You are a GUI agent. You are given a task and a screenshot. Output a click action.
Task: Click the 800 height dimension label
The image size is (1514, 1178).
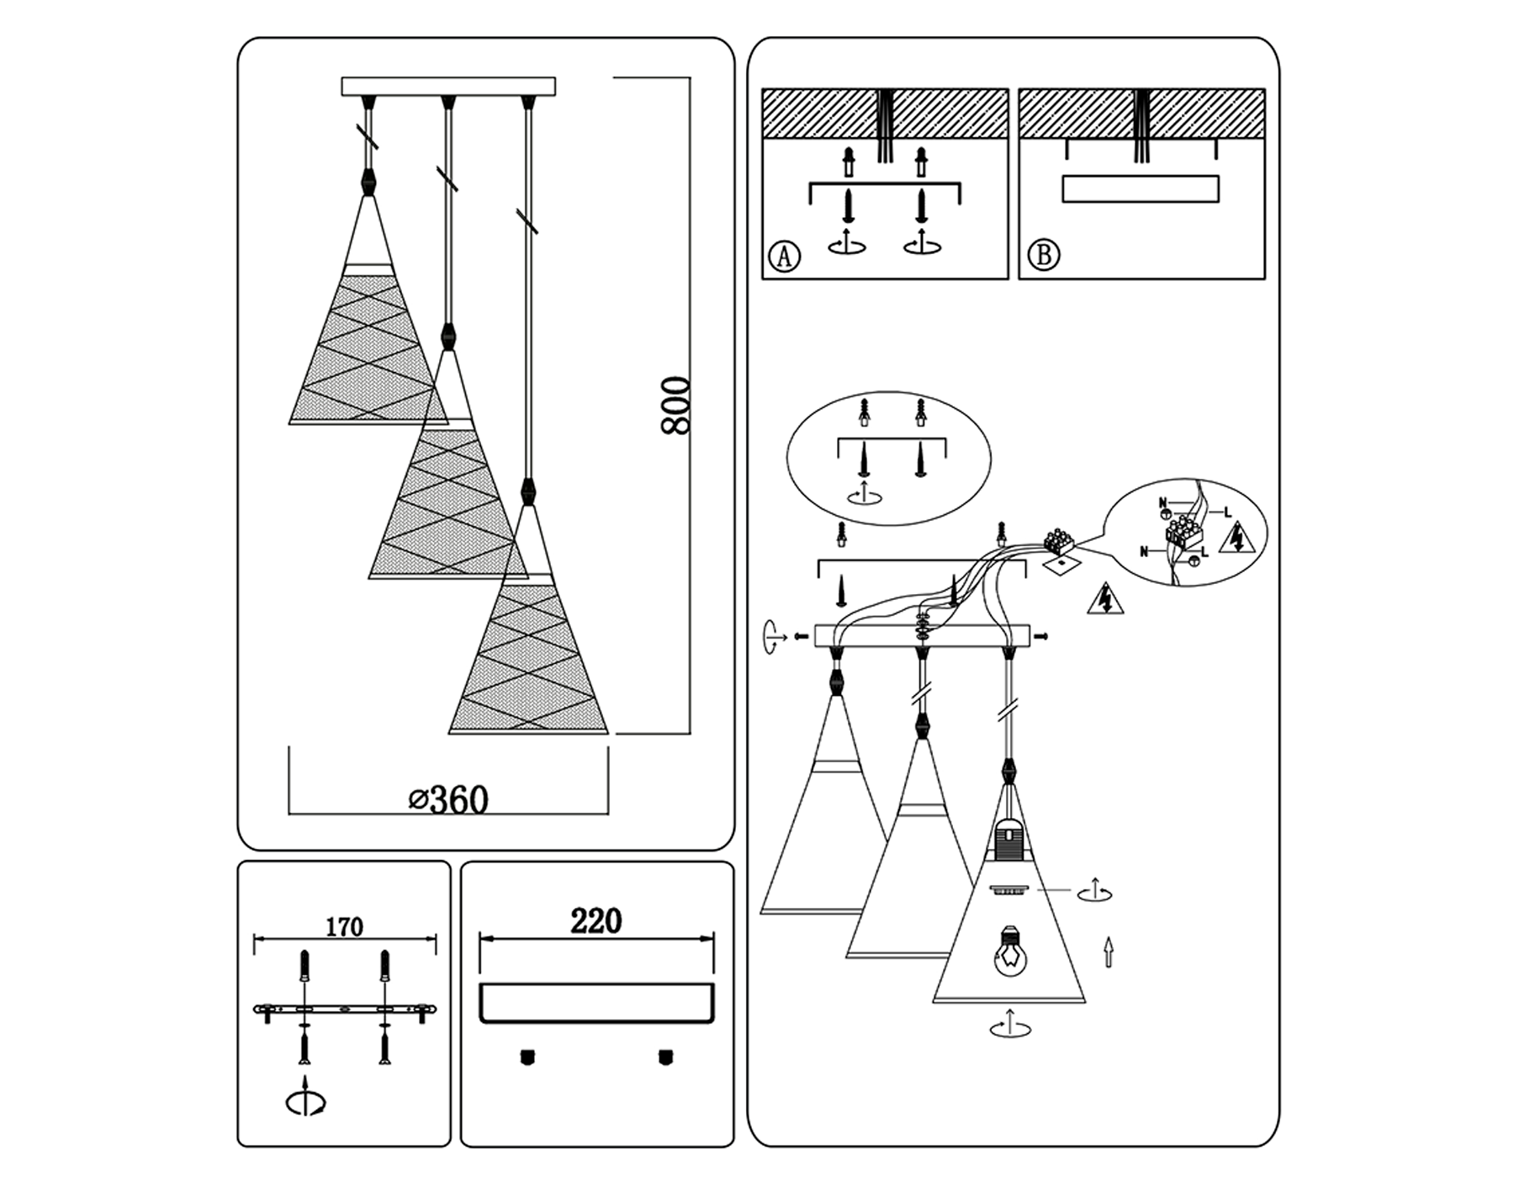coord(675,406)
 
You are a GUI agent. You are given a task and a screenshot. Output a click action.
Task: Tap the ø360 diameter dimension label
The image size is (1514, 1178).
coord(448,799)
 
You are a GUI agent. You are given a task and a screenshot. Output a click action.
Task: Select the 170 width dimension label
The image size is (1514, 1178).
coord(344,927)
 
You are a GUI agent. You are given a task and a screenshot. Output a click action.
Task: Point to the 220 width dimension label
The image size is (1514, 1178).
coord(596,921)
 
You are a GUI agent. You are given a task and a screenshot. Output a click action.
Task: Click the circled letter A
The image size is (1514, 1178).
coord(785,255)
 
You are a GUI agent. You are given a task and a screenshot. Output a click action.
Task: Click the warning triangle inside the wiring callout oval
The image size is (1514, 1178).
coord(1236,538)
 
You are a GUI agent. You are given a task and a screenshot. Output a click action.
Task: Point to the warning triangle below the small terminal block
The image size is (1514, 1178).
coord(1105,599)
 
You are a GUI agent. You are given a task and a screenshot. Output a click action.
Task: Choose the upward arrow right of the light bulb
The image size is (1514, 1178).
coord(1109,952)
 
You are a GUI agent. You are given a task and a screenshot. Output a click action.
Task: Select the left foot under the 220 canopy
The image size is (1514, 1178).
coord(527,1057)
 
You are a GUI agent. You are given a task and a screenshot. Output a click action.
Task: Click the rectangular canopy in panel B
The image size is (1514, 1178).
coord(1140,188)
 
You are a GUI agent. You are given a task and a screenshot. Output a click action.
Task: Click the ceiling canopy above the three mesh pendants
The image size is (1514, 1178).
coord(448,87)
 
